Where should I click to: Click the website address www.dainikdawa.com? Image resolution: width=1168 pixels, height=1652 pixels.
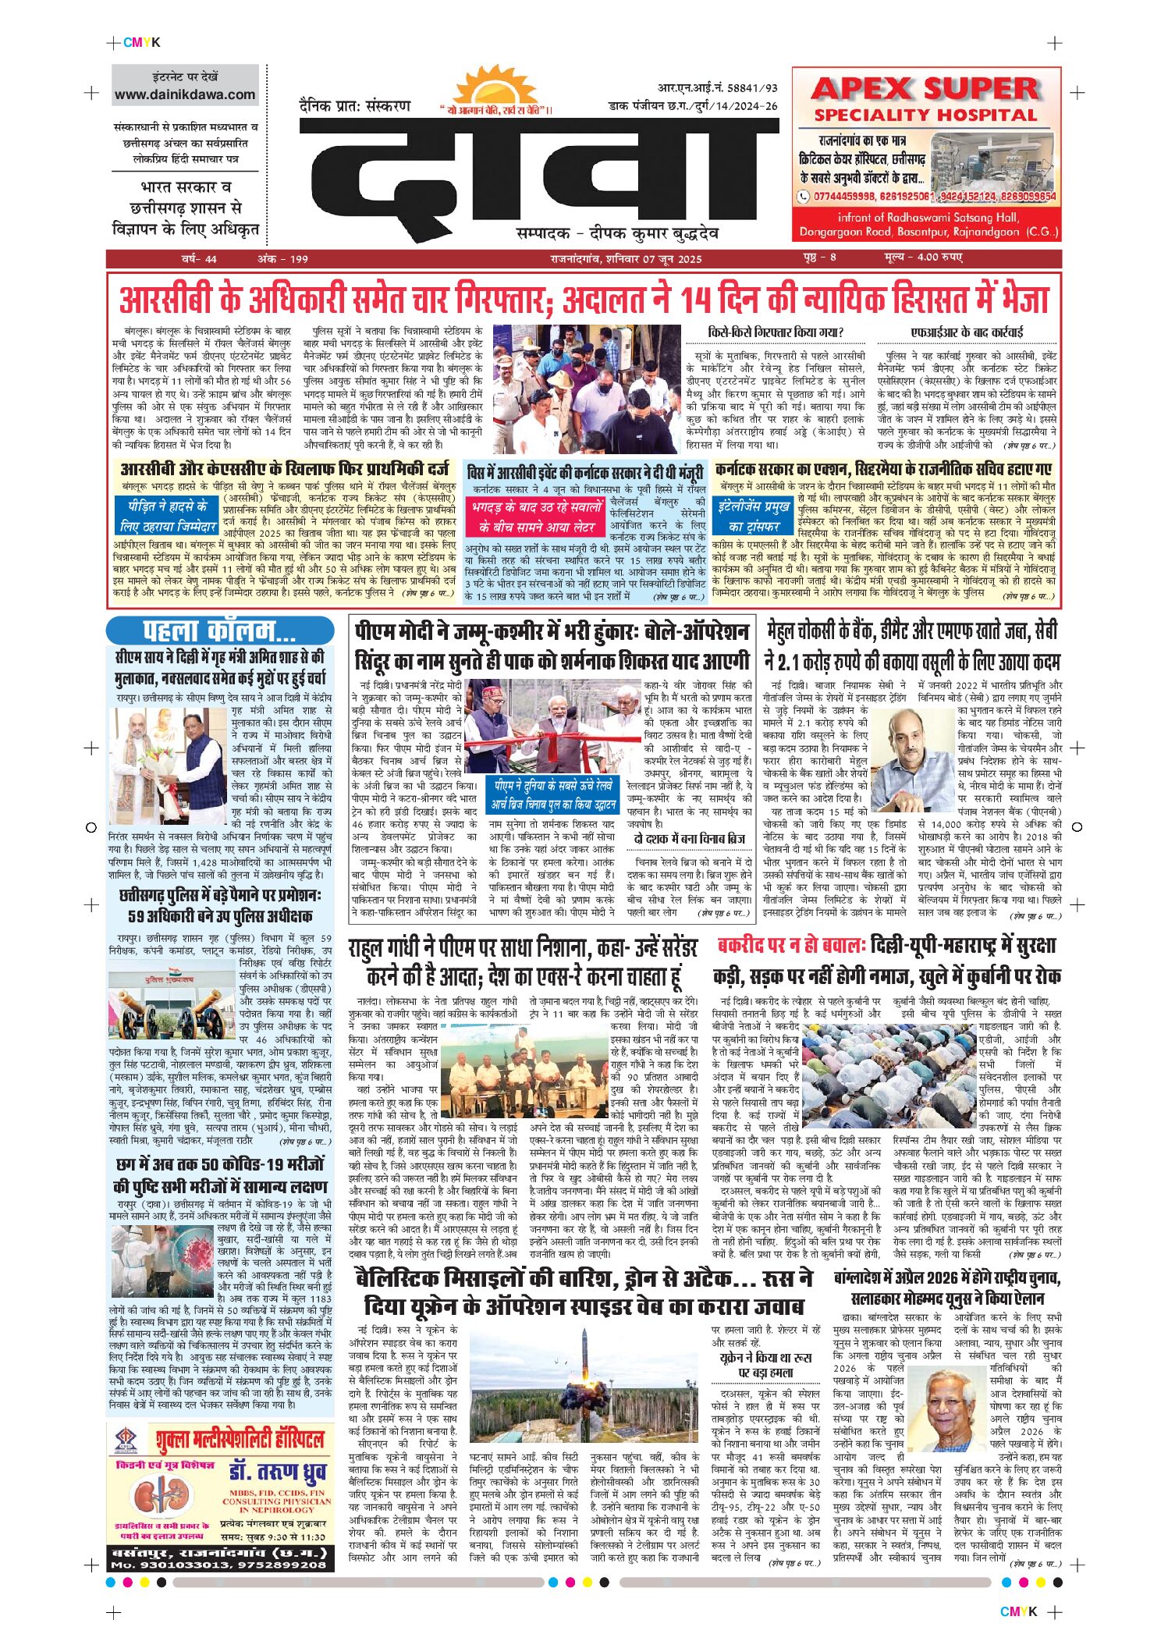point(185,94)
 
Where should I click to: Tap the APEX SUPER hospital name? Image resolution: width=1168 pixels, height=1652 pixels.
point(925,88)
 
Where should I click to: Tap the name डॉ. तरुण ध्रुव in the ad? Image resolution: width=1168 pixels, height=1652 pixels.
point(278,1473)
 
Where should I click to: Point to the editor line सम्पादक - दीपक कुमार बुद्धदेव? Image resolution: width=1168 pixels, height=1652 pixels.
point(617,233)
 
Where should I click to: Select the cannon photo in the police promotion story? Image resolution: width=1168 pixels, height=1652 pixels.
point(172,1000)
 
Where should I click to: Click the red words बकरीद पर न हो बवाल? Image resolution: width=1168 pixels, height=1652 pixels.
point(790,946)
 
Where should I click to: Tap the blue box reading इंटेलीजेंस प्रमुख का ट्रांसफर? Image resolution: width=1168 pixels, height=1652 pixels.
point(754,515)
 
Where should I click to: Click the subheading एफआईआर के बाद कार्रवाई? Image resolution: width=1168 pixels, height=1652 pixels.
point(967,332)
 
